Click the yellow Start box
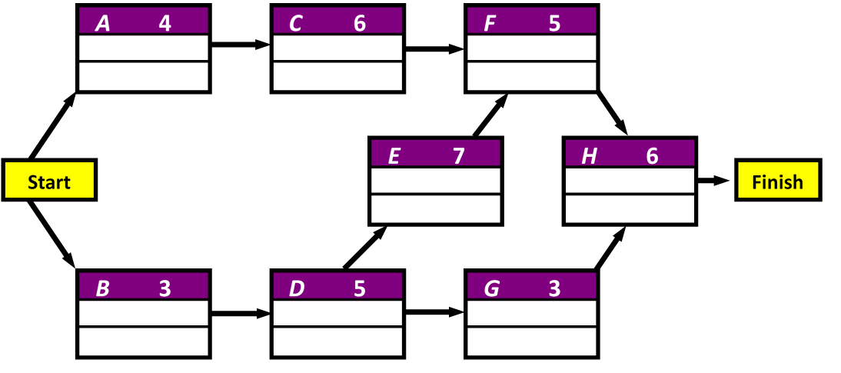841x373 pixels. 49,181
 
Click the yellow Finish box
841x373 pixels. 777,182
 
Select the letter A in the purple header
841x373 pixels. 103,24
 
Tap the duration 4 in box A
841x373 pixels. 165,24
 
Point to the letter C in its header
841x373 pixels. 296,24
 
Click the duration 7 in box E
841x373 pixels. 458,156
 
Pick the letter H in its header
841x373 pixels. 589,156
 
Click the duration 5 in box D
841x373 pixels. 359,289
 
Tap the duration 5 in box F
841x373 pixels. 553,24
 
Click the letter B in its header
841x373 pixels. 102,289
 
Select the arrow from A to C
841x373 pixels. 241,45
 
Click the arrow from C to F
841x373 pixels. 435,49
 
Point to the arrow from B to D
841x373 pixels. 241,313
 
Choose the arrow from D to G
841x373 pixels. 435,313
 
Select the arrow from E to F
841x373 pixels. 491,115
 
